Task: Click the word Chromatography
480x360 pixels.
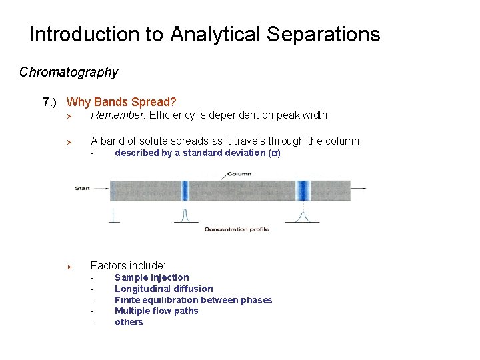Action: click(69, 72)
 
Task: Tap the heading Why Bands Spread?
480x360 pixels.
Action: click(121, 102)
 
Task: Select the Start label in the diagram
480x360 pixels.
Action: click(82, 189)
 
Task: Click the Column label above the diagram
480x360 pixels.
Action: click(238, 175)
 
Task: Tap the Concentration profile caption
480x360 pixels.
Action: click(236, 229)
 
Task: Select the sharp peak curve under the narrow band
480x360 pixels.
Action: click(184, 215)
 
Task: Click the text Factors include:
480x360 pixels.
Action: click(128, 265)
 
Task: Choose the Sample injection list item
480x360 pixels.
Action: click(151, 277)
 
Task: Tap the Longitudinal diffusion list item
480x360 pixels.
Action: click(163, 289)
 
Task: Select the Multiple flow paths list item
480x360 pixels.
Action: click(156, 311)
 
